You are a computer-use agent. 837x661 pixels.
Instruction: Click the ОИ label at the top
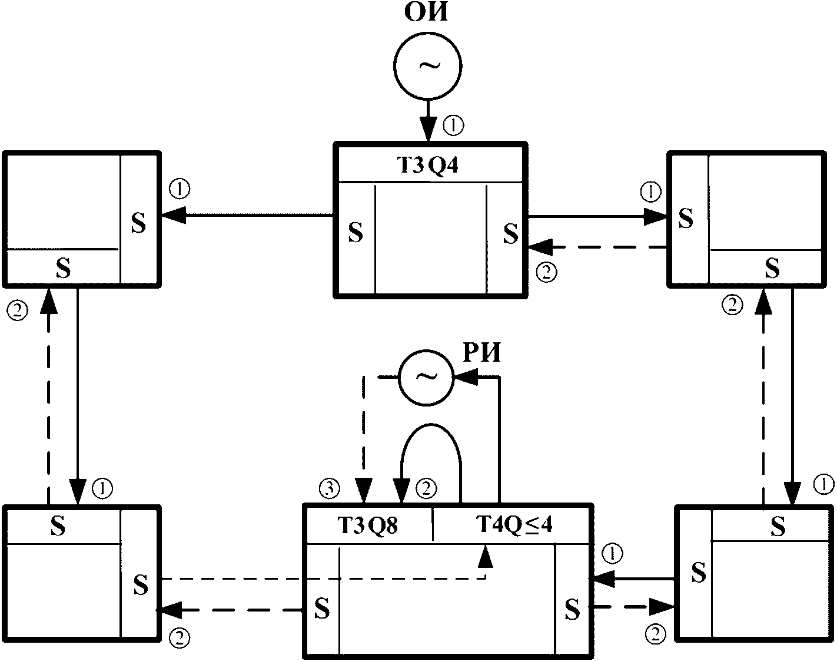(426, 12)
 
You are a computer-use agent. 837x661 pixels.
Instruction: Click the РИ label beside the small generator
(482, 353)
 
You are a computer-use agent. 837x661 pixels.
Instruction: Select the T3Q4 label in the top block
(427, 166)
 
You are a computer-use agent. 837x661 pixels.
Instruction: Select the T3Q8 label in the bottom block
(367, 526)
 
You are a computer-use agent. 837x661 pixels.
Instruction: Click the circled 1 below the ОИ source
(453, 125)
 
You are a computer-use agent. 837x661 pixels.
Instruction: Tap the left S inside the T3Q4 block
(356, 232)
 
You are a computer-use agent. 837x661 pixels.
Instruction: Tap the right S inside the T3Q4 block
(511, 233)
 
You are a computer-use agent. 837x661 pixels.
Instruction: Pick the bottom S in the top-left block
(64, 268)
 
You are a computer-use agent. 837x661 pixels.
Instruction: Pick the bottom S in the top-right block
(772, 268)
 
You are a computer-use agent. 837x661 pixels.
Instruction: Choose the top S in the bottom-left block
(58, 526)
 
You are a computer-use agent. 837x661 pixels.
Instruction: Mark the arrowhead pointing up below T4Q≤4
(485, 557)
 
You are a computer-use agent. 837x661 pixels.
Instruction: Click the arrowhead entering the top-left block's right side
(173, 214)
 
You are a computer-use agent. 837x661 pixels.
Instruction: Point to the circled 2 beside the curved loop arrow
(426, 488)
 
